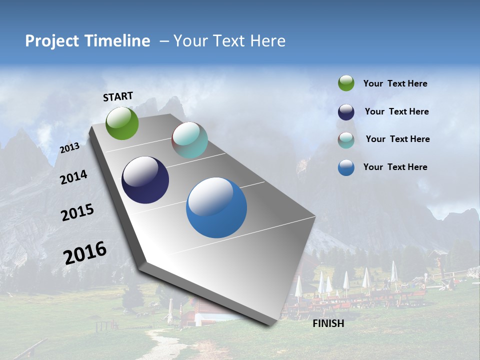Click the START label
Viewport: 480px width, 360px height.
[118, 96]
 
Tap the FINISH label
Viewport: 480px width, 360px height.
[328, 323]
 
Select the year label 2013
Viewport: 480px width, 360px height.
[69, 148]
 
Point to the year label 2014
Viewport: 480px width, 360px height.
[73, 177]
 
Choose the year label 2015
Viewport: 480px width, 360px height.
[77, 212]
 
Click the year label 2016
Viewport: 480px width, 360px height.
[85, 252]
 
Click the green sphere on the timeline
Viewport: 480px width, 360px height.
[122, 123]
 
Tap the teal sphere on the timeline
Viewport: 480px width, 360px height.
[189, 140]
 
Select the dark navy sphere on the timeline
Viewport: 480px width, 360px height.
[145, 180]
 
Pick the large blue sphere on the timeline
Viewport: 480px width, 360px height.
[216, 207]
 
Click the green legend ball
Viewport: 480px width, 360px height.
[346, 83]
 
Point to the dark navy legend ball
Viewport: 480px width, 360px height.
[346, 112]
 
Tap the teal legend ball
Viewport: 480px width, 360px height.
[346, 140]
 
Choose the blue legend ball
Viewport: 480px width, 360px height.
[346, 167]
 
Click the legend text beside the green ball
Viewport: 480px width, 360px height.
[395, 83]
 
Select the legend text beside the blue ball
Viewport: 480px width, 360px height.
[395, 167]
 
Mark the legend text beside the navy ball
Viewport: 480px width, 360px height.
[396, 111]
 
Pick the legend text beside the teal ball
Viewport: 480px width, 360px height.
[397, 139]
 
